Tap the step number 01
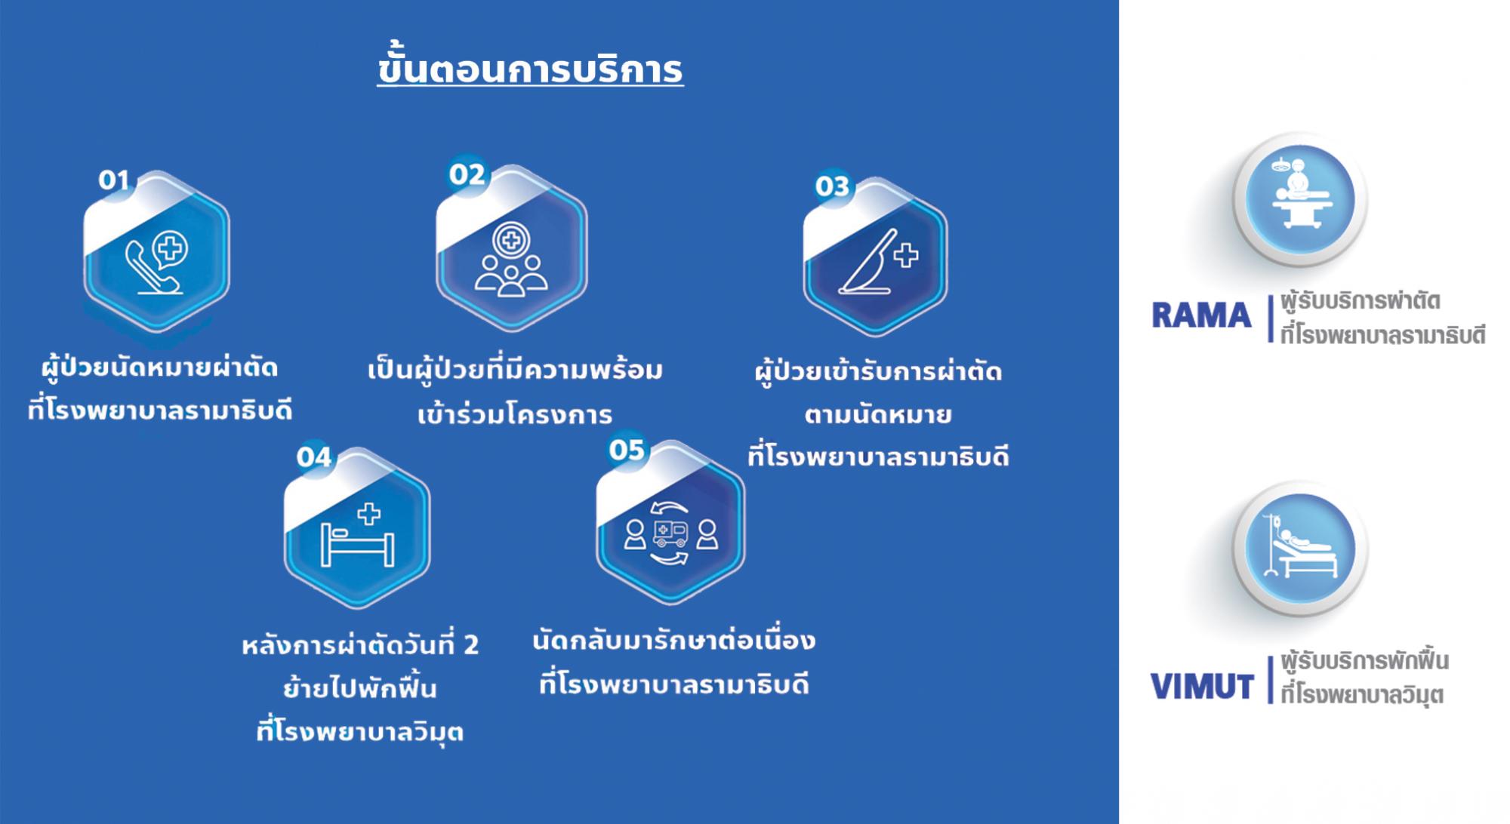point(114,180)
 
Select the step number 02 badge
point(467,175)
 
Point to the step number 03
point(832,186)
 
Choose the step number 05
point(627,450)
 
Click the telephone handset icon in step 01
point(152,269)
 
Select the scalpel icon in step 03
point(868,260)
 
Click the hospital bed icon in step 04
point(357,542)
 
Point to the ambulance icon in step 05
point(670,532)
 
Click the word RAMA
point(1201,315)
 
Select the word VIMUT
point(1202,687)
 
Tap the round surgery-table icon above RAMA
point(1299,199)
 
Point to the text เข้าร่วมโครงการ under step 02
point(515,414)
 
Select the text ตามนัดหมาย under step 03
point(877,414)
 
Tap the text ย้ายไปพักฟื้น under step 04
point(360,689)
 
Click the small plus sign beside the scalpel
point(906,256)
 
